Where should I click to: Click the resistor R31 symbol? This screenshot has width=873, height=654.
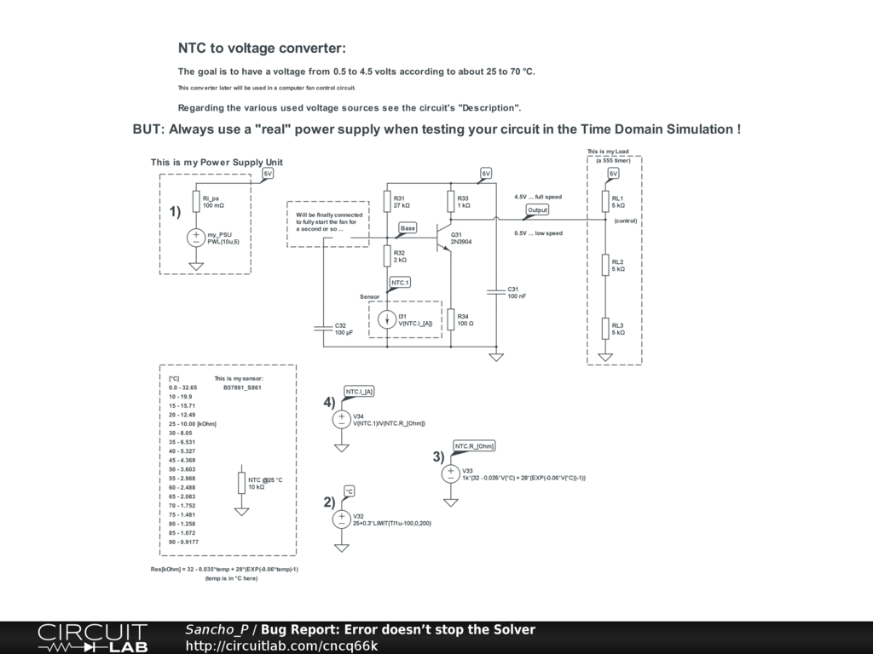(x=387, y=202)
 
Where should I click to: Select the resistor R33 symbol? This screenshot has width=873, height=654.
(x=451, y=202)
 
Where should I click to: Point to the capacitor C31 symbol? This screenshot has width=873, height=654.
(x=494, y=292)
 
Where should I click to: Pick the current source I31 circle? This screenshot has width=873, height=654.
(x=387, y=319)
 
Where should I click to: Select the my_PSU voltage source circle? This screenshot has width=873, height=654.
(x=196, y=238)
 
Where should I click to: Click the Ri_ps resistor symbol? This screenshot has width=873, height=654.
(x=196, y=202)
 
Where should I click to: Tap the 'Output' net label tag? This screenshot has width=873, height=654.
(x=537, y=209)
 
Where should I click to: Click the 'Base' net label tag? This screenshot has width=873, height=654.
(x=408, y=228)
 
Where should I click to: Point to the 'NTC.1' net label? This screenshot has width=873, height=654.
(x=400, y=282)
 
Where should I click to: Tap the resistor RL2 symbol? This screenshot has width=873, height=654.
(x=605, y=265)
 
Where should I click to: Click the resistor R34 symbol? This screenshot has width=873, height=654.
(x=451, y=319)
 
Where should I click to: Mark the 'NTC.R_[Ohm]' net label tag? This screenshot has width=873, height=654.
(x=475, y=446)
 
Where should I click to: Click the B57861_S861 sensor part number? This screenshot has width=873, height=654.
(x=242, y=387)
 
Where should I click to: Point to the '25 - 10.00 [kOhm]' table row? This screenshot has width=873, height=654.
(x=192, y=423)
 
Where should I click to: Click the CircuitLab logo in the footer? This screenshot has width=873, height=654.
(x=92, y=638)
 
